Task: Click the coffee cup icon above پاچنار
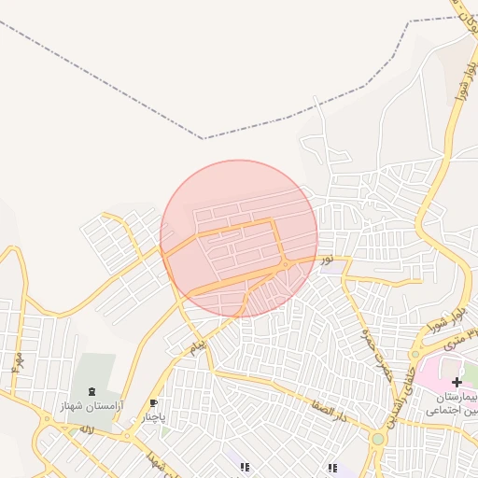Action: click(x=153, y=404)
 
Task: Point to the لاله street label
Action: click(x=87, y=429)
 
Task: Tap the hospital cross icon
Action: click(x=457, y=383)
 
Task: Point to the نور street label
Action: click(x=327, y=259)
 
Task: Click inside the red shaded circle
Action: click(x=239, y=224)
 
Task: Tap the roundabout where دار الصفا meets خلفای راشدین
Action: click(x=378, y=438)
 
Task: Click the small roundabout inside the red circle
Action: click(x=285, y=265)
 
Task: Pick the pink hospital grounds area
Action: click(x=434, y=373)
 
